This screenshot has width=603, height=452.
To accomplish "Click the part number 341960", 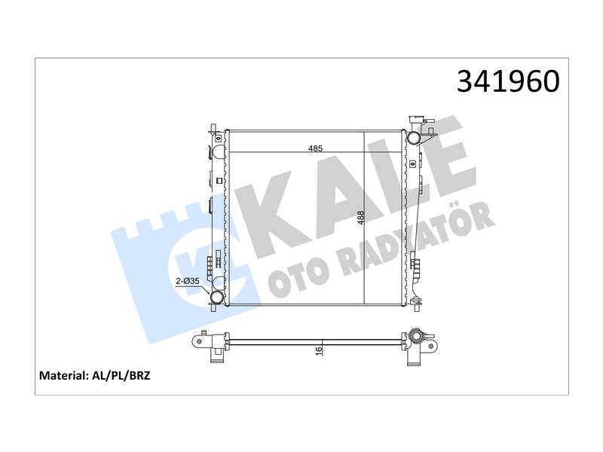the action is click(x=508, y=81).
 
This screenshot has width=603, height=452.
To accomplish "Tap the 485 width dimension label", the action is click(x=315, y=148).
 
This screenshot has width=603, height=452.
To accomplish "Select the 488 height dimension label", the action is click(x=360, y=218).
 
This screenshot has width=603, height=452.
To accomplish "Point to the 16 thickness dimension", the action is click(x=318, y=351).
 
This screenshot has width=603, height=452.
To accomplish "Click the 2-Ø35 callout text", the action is click(x=187, y=281).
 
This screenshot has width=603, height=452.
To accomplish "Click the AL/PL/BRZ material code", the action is click(x=121, y=375).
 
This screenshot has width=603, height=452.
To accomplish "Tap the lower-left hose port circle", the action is click(x=216, y=297).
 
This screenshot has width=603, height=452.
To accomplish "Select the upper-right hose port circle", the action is click(x=413, y=138).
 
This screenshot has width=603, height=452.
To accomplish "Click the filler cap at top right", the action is click(x=417, y=118).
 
